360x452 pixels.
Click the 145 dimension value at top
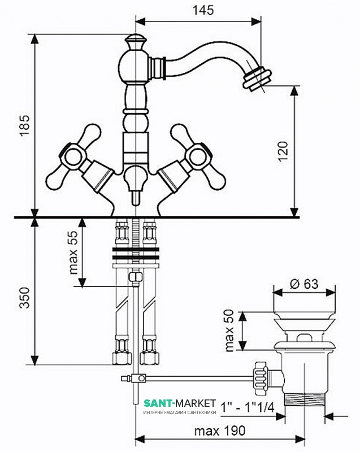[x=203, y=10]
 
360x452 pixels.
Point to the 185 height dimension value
[x=25, y=125]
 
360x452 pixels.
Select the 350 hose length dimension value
[x=25, y=298]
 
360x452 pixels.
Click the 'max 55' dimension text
[x=73, y=253]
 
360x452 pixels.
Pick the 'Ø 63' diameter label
[x=304, y=284]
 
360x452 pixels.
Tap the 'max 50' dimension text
[x=229, y=331]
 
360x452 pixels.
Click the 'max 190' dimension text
[x=220, y=431]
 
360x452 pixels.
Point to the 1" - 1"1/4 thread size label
[x=247, y=407]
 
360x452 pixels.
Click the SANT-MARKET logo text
[x=180, y=402]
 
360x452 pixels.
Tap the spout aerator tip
[x=258, y=78]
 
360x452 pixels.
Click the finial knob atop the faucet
[x=135, y=42]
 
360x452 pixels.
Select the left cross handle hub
[x=73, y=157]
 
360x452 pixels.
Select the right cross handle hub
[x=197, y=157]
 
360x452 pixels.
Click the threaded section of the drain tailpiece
[x=305, y=399]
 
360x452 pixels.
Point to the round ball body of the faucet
[x=135, y=67]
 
